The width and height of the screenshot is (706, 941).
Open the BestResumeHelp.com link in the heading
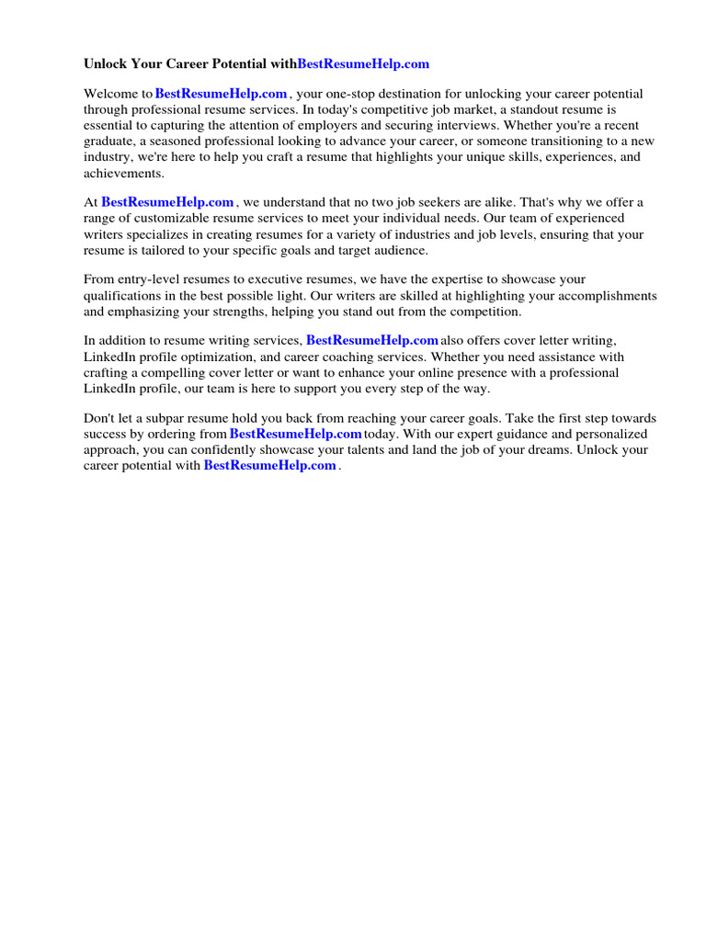coord(363,64)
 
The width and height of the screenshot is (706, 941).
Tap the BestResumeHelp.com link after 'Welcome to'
coord(222,94)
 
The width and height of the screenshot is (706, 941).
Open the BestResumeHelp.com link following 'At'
coord(167,202)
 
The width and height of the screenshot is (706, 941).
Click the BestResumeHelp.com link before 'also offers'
coord(371,340)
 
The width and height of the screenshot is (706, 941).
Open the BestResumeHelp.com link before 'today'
coord(295,434)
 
